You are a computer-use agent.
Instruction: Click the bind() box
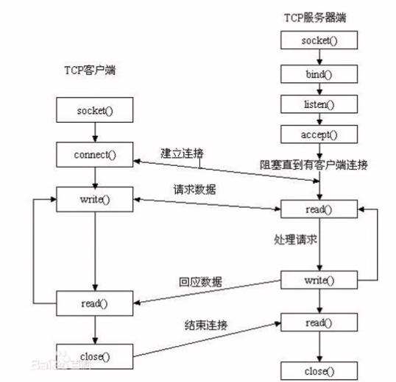point(319,74)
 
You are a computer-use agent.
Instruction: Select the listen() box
point(319,104)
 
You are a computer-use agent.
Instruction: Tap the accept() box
point(319,134)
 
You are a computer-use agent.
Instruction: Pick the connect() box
point(95,154)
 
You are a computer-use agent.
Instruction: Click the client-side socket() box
point(95,110)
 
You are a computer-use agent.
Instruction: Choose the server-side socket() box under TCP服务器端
point(319,40)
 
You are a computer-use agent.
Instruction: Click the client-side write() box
point(95,199)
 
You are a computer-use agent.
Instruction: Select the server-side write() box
point(319,280)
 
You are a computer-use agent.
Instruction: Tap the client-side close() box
point(95,356)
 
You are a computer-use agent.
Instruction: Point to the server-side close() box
point(319,371)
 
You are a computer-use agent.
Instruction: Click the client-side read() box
point(95,303)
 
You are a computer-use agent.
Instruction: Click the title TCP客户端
point(90,70)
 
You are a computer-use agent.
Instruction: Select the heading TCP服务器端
point(315,18)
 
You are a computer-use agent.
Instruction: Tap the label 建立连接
point(182,154)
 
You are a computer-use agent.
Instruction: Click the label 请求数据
point(194,190)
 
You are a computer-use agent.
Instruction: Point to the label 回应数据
point(200,282)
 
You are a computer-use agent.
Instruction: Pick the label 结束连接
point(206,325)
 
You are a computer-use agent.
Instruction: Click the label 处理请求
point(295,239)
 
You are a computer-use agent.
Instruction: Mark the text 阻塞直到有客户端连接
point(314,165)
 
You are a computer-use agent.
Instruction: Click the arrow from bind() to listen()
point(319,89)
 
